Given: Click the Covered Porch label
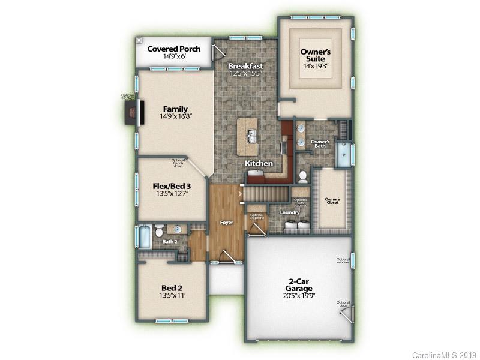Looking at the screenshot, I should point(174,48).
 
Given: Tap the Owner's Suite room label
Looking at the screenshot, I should point(316,56).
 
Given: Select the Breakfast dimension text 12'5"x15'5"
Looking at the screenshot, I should point(246,74).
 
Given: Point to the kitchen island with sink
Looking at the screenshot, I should point(247,137).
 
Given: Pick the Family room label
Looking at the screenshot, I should point(175,109).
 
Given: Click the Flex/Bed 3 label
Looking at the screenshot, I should point(171,186).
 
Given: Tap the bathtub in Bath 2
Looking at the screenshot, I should point(145,237).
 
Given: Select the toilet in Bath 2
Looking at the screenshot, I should point(159,231).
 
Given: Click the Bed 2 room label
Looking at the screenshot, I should point(171,287).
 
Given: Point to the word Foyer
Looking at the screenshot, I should point(226,223).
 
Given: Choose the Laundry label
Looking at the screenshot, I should point(289,212).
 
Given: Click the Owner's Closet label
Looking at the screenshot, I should point(332,201).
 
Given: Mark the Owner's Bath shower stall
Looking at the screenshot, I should point(344,155).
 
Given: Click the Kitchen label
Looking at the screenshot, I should point(259,163).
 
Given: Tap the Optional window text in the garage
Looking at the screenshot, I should point(343,261).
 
